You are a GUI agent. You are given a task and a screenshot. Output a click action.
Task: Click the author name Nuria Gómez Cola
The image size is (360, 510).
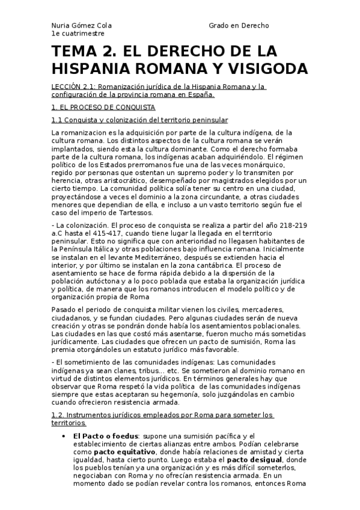81,26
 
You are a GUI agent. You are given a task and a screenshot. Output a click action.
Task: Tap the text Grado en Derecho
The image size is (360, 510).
239,26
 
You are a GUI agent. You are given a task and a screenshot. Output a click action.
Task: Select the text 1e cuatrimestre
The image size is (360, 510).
75,34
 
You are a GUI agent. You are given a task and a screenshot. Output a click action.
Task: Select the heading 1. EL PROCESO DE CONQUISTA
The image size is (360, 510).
103,107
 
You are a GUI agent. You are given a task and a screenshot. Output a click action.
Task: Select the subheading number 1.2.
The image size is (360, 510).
59,415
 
